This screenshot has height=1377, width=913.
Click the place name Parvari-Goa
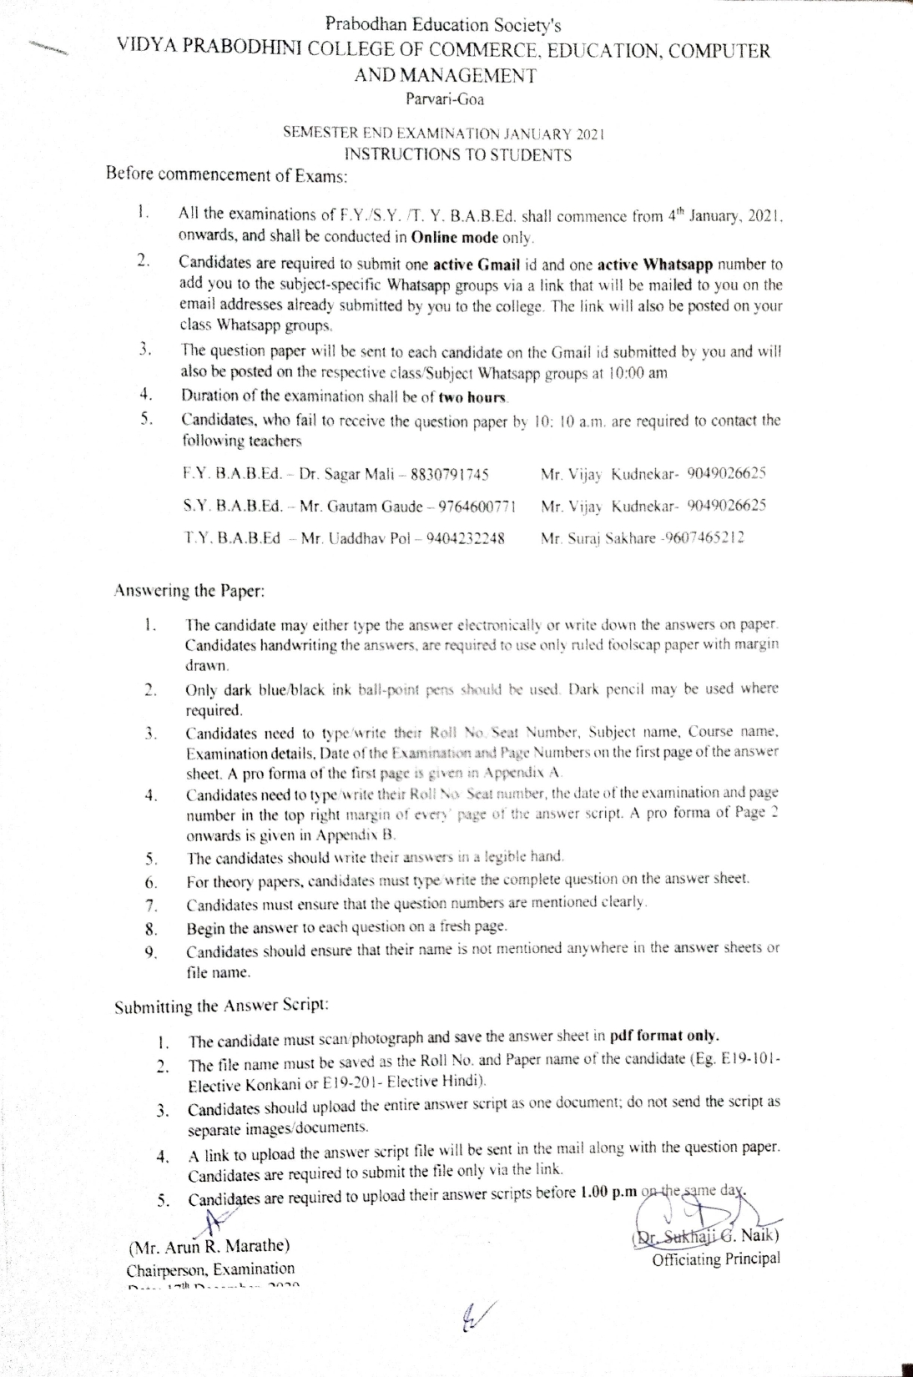coord(444,100)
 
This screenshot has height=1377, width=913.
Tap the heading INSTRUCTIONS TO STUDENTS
coord(458,154)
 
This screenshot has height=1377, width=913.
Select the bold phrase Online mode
coord(455,237)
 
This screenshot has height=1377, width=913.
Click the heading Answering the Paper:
coord(189,592)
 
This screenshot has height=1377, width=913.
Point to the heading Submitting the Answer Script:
coord(221,1006)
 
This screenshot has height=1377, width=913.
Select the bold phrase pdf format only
coord(664,1037)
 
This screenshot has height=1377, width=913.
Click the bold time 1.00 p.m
coord(608,1193)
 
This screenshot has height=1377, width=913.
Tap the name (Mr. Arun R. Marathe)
coord(209,1246)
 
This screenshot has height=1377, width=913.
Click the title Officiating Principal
coord(716,1259)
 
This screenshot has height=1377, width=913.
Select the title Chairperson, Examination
coord(210,1269)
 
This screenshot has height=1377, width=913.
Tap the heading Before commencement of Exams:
coord(226,175)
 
